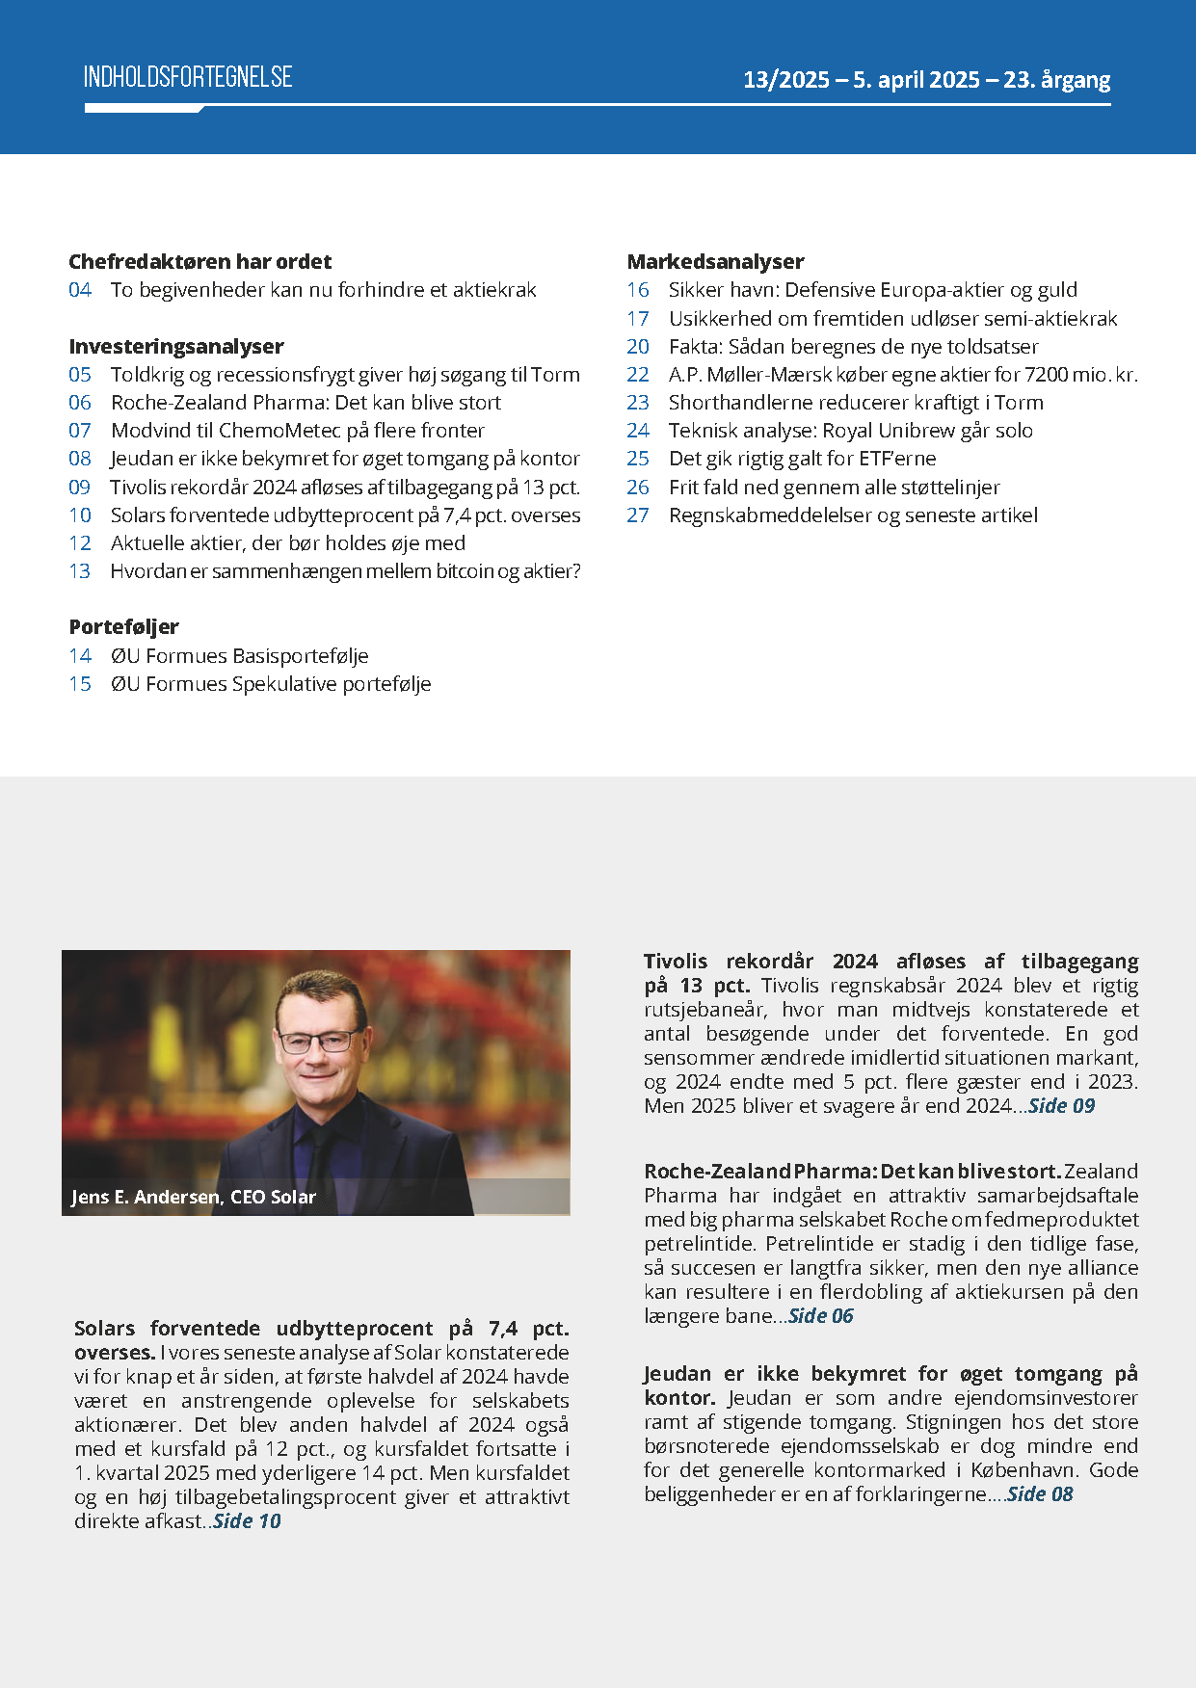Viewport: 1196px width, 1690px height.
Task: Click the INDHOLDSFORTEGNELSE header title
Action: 188,78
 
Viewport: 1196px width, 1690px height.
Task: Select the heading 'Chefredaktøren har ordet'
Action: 199,262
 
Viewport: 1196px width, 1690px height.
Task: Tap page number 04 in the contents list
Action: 80,290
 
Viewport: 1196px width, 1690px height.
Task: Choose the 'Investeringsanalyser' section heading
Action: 176,347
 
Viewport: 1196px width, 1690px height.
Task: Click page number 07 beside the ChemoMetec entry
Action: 80,431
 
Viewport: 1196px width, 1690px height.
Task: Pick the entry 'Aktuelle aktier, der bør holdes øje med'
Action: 287,543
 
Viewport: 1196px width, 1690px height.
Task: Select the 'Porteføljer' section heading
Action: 124,627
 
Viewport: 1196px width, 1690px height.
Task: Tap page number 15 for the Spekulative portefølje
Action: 80,684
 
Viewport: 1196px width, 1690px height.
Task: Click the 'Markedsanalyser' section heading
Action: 715,262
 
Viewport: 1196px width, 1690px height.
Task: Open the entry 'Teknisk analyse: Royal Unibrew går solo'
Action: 850,431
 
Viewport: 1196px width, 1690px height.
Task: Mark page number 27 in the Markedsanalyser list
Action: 638,515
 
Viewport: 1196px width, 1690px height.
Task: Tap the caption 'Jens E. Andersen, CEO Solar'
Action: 194,1198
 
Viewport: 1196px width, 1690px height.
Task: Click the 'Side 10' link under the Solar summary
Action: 247,1521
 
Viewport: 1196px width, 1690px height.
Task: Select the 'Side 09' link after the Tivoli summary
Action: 1061,1106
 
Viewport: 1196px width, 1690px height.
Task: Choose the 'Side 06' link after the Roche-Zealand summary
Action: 820,1316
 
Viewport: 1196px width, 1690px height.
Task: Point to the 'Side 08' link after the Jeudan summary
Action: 1040,1494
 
